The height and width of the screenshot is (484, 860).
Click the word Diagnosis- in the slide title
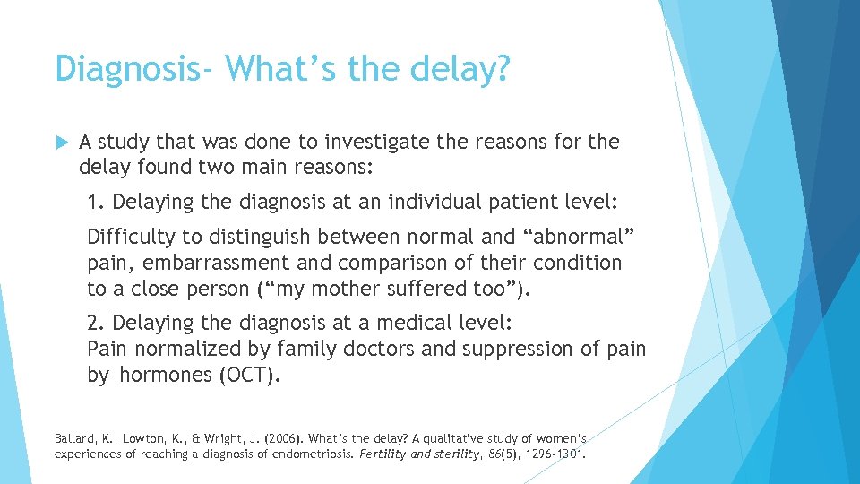click(x=129, y=69)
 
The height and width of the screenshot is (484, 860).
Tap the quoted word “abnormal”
click(x=577, y=238)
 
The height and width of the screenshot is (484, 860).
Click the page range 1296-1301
click(x=555, y=454)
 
